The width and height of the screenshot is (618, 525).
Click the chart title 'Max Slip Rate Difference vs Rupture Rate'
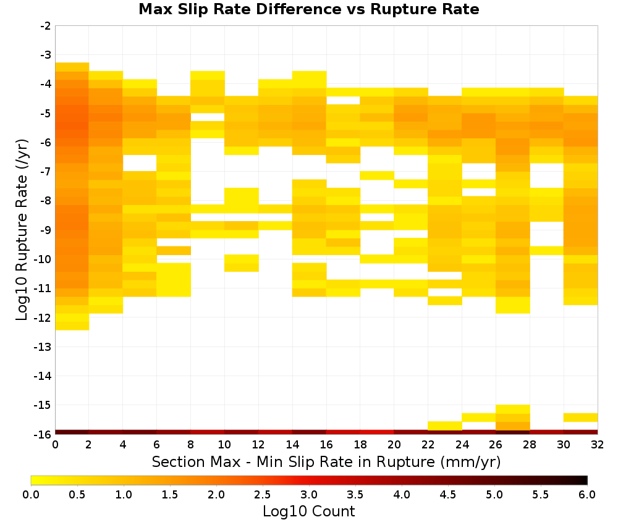click(308, 9)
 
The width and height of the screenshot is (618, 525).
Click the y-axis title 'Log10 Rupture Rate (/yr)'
click(22, 230)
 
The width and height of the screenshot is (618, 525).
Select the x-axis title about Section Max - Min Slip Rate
click(326, 461)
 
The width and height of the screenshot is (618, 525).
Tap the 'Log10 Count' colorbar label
click(308, 511)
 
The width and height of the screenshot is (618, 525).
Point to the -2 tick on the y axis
click(46, 26)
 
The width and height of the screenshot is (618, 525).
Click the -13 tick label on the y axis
click(43, 347)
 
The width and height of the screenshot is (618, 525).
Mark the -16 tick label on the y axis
click(43, 434)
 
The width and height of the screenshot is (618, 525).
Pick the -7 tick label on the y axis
click(46, 172)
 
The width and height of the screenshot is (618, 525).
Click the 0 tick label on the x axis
click(55, 445)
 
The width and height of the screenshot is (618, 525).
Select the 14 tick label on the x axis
click(292, 445)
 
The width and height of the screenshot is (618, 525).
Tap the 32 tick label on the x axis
click(598, 445)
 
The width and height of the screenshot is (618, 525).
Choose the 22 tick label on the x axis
click(428, 445)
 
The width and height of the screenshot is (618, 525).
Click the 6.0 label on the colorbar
click(587, 495)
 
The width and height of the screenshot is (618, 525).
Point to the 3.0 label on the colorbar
click(309, 495)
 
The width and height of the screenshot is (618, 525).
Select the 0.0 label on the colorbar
click(31, 495)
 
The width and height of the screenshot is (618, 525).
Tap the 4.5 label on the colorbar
click(447, 495)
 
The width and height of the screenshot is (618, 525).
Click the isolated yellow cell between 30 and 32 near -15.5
click(580, 418)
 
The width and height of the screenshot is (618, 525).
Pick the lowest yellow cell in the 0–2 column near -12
click(72, 325)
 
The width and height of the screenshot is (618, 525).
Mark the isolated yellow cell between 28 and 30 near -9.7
click(547, 251)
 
